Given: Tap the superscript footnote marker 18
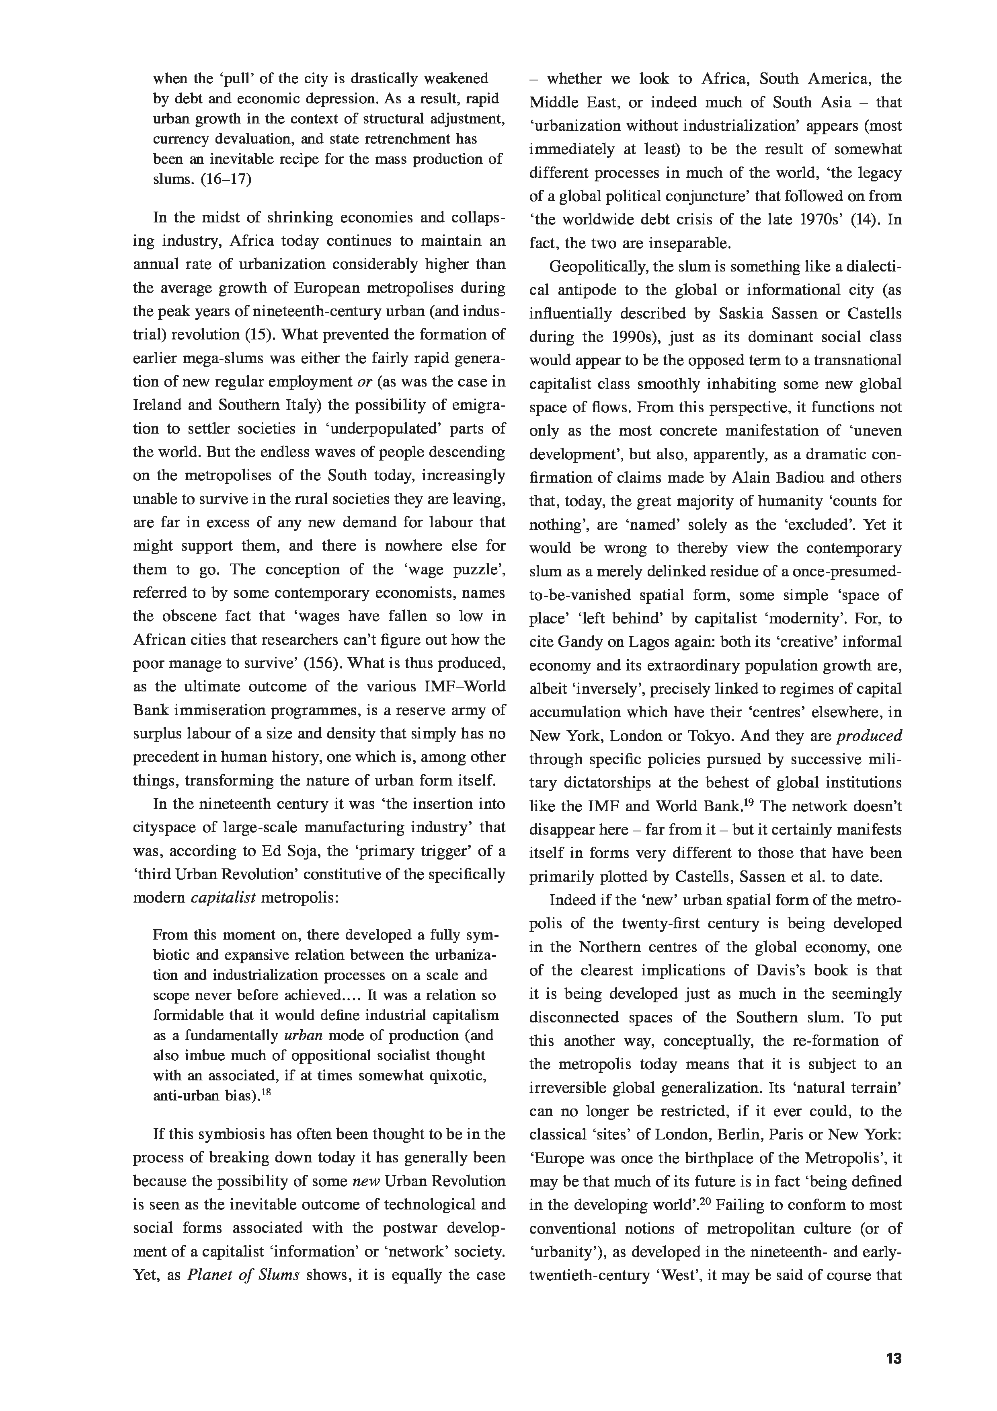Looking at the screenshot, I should pyautogui.click(x=267, y=1092).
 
